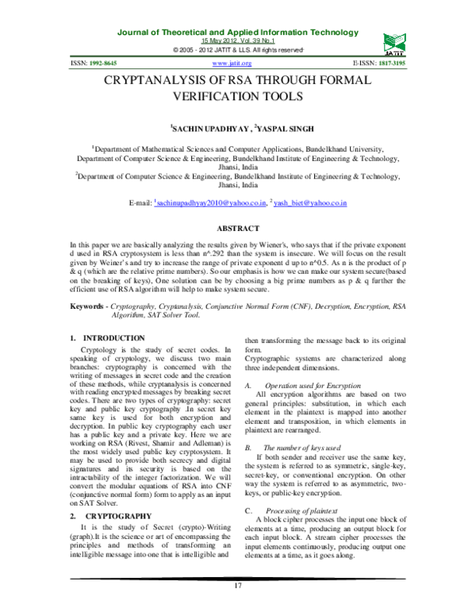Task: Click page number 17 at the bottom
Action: pyautogui.click(x=236, y=608)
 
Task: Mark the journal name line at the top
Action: pyautogui.click(x=238, y=32)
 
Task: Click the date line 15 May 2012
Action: pyautogui.click(x=238, y=40)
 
